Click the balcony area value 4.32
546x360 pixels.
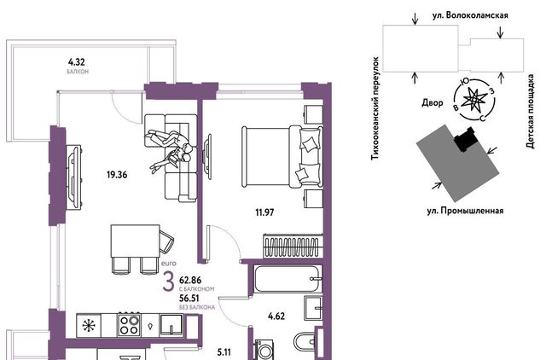76,62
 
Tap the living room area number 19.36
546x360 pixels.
117,175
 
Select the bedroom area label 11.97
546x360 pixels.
264,212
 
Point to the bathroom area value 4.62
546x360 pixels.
276,316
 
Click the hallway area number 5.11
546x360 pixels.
224,352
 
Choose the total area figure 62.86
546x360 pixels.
190,280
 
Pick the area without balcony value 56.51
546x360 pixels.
189,299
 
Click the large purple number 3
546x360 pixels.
169,282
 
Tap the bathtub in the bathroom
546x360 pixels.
287,279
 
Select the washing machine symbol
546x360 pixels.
264,350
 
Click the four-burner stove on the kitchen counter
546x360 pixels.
129,325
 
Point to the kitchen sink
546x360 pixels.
171,325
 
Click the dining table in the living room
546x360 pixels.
135,241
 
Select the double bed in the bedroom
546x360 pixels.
282,157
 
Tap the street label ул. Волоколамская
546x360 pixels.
470,15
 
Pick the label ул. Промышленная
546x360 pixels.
465,211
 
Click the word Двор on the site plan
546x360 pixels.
433,102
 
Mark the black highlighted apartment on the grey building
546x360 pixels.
465,139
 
